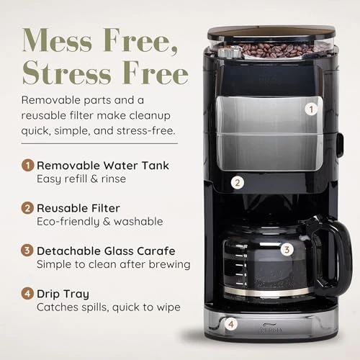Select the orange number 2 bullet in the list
[x=27, y=208]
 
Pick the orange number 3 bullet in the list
[x=27, y=251]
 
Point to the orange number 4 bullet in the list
[x=27, y=294]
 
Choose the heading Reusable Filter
[x=79, y=208]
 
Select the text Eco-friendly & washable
[x=99, y=222]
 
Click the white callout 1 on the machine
[x=311, y=109]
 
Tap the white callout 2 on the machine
[x=237, y=183]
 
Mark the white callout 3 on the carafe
[x=287, y=250]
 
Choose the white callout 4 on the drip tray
[x=230, y=324]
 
